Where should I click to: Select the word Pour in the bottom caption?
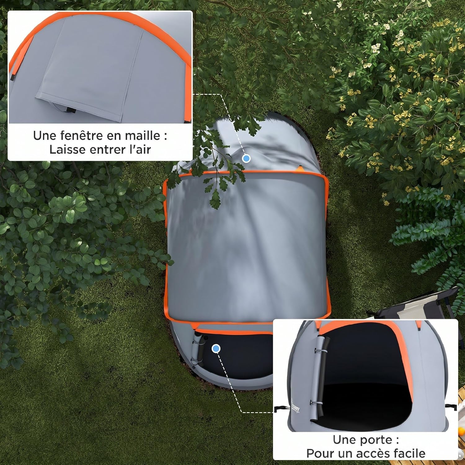319,453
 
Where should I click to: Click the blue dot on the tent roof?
246,158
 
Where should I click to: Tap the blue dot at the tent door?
216,349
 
